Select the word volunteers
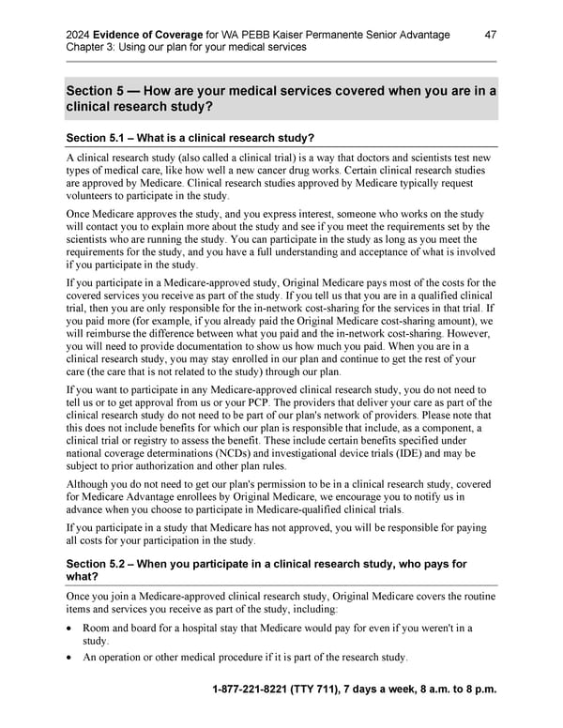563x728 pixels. [x=93, y=196]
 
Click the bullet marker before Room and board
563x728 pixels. [x=71, y=628]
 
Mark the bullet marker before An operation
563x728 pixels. [x=71, y=657]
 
